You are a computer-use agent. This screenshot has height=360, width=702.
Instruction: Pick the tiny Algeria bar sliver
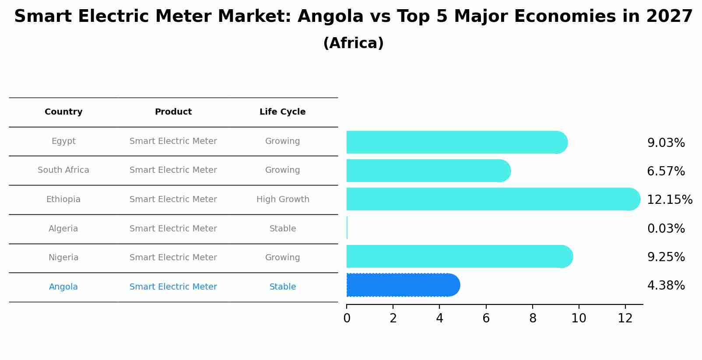tap(347, 228)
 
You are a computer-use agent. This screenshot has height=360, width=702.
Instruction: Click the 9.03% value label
tap(666, 143)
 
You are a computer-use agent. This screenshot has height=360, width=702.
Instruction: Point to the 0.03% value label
tap(666, 228)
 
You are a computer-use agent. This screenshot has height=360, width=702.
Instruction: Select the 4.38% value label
tap(666, 286)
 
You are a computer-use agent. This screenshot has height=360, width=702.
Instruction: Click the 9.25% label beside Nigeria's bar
tap(666, 257)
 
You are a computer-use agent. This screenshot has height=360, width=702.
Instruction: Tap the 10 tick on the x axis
tap(579, 318)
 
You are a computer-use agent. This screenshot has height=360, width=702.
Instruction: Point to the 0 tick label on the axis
tap(347, 318)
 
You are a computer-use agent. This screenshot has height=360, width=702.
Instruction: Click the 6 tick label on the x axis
tap(486, 318)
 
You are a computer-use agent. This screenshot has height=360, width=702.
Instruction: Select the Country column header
tap(63, 112)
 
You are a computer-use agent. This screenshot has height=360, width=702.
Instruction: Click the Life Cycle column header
tap(282, 112)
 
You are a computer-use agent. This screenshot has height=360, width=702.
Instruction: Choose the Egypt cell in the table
tap(63, 141)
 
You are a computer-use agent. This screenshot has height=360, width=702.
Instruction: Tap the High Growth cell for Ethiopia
tap(283, 199)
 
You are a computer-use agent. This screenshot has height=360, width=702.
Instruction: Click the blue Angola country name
tap(63, 287)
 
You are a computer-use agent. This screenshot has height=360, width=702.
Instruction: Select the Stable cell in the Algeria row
tap(283, 229)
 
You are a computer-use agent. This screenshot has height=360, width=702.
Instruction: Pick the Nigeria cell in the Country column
tap(63, 258)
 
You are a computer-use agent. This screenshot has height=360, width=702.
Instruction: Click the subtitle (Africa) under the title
tap(353, 43)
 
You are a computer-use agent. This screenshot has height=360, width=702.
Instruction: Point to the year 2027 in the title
tap(669, 17)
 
